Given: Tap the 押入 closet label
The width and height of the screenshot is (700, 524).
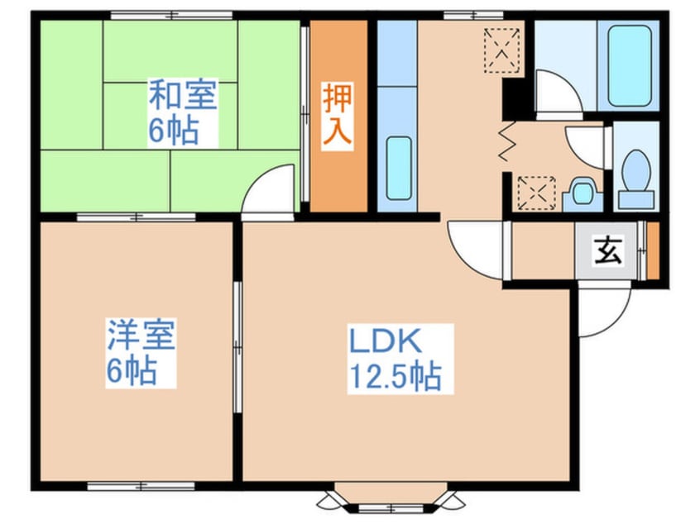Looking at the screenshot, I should [337, 116].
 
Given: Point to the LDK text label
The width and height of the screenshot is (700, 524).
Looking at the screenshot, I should [384, 341].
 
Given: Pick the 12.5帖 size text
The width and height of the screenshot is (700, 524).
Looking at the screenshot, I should [393, 377].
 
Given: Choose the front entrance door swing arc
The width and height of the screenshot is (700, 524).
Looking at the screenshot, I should [603, 310].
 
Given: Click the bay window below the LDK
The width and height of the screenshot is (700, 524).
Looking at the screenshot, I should [387, 498].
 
